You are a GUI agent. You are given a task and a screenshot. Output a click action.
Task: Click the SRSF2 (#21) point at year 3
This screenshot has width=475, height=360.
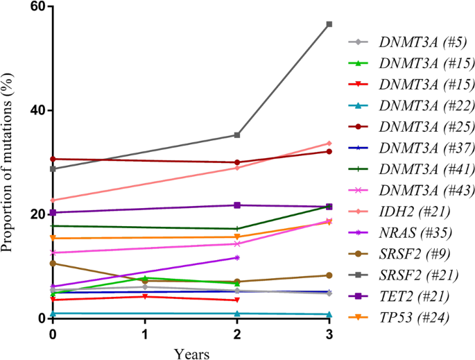pyautogui.click(x=329, y=24)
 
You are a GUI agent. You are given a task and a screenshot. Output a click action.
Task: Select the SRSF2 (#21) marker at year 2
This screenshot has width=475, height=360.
pyautogui.click(x=237, y=135)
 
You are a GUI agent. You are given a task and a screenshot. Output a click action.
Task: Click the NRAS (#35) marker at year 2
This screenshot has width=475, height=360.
pyautogui.click(x=237, y=258)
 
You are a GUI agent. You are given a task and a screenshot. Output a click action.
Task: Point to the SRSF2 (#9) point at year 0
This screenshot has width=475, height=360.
pyautogui.click(x=53, y=264)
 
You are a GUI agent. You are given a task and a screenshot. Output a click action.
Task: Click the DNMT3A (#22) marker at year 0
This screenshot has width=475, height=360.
pyautogui.click(x=53, y=314)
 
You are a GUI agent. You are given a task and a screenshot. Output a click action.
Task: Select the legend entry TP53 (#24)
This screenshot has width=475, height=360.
pyautogui.click(x=413, y=318)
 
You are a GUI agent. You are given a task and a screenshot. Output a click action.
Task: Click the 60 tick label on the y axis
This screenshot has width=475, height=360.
pyautogui.click(x=37, y=7)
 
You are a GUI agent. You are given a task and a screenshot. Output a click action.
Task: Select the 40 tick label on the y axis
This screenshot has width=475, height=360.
pyautogui.click(x=37, y=110)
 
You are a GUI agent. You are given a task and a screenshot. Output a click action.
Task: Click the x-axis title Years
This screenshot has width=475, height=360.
pyautogui.click(x=191, y=352)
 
